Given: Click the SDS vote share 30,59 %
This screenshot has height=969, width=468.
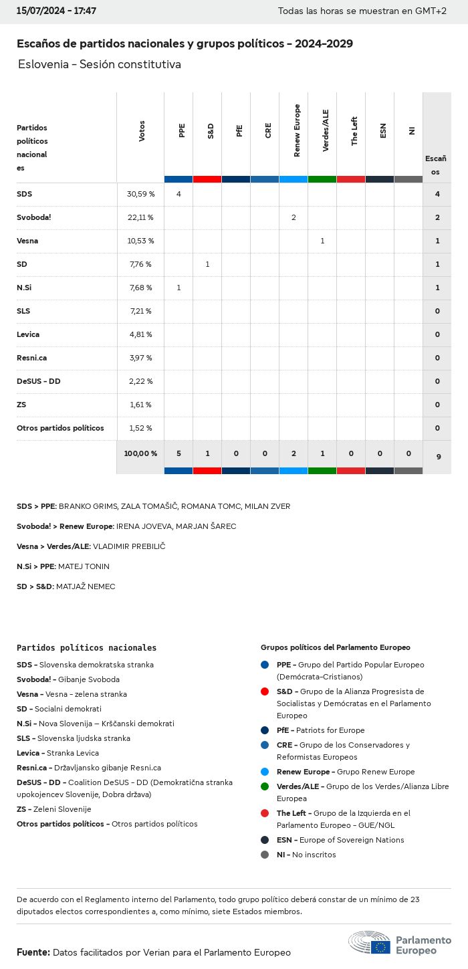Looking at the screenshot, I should point(140,194).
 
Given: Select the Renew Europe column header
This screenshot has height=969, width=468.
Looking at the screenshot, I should point(297,131).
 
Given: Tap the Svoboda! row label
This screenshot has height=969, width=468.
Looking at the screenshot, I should point(34,217).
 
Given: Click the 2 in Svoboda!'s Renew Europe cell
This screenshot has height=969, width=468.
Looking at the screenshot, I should point(294,217).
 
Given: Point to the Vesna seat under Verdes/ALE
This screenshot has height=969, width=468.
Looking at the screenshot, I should point(322,241).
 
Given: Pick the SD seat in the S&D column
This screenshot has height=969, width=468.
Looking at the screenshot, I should point(207,264).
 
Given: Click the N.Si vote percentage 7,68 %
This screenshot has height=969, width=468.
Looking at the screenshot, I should point(140,288).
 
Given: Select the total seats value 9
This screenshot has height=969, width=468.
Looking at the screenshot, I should point(438,457).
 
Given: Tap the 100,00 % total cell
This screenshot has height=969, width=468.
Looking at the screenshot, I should point(140,453).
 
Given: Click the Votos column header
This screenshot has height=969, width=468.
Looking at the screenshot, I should point(142,131).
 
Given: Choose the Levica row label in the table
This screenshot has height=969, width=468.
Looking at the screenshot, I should point(28,334).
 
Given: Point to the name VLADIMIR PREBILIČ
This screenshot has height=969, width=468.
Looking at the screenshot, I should point(129,546).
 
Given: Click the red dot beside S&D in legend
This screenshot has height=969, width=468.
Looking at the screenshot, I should point(265,691).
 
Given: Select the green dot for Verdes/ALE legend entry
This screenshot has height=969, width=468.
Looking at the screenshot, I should point(265,786).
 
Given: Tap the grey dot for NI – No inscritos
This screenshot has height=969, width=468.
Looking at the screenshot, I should point(265,855).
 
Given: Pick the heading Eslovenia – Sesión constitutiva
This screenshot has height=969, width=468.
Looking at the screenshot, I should point(100,64).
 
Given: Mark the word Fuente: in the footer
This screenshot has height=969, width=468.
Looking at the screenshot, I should point(33,952).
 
